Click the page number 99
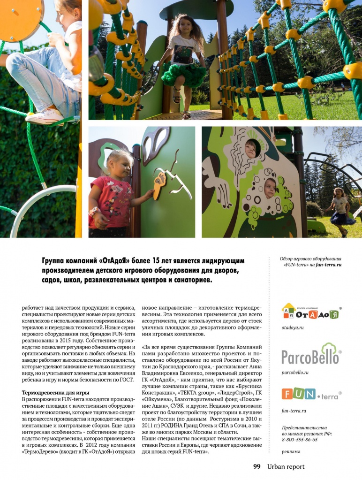[256, 466]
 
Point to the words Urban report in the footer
[286, 466]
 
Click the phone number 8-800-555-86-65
[300, 440]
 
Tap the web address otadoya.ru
[293, 328]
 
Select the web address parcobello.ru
[295, 372]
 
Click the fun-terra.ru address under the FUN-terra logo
[294, 411]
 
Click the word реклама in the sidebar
[291, 452]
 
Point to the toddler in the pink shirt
[110, 192]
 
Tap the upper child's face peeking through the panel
[251, 149]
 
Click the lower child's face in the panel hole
[269, 188]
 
